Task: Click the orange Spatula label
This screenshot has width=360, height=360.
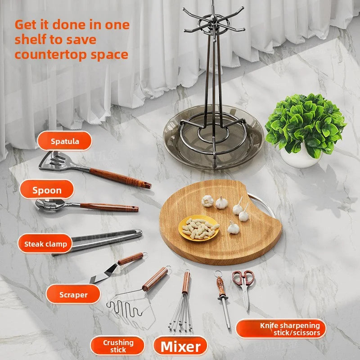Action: click(65, 141)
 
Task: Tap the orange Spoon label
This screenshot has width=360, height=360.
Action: click(47, 190)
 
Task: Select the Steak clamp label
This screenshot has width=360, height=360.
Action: click(45, 244)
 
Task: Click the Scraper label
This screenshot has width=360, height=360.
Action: click(73, 295)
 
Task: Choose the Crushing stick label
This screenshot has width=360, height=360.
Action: click(118, 346)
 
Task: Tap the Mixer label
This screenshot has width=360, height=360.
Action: click(180, 346)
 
